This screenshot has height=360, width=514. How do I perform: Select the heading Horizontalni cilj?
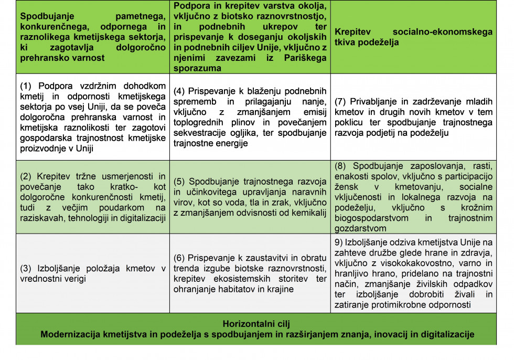[x=256, y=324]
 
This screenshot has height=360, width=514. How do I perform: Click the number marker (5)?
[x=180, y=181]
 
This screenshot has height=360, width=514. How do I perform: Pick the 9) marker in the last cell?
[x=339, y=242]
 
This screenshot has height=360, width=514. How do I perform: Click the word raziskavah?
[x=41, y=218]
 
